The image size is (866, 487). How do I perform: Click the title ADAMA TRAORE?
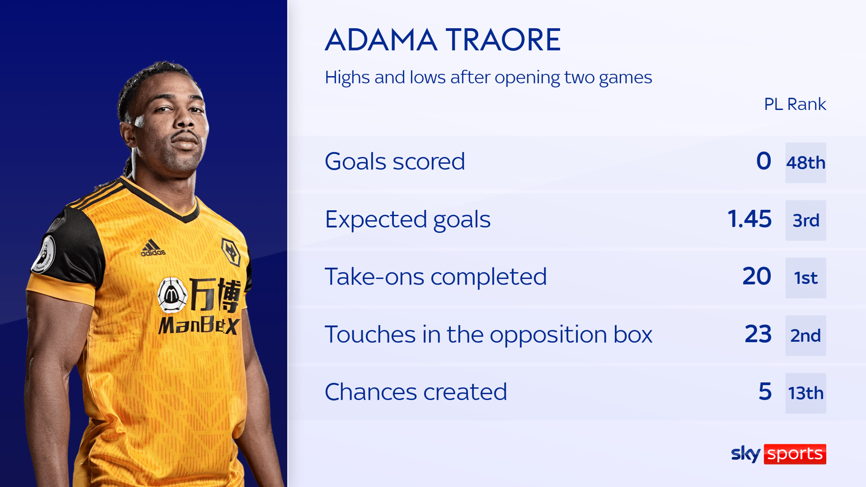point(443,40)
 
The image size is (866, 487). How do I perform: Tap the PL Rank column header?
point(795,104)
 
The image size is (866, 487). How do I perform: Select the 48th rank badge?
point(806,163)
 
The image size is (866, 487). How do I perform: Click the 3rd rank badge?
point(806,220)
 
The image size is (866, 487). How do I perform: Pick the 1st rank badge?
point(806,278)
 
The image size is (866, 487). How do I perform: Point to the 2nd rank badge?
point(806,336)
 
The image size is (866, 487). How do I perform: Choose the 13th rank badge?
point(806,393)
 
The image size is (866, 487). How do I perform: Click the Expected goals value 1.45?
point(749,219)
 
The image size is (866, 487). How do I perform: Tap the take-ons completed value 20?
point(756,276)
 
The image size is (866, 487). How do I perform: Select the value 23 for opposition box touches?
point(758,334)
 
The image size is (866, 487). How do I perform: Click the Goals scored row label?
point(395,161)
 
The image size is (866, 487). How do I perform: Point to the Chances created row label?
point(416,392)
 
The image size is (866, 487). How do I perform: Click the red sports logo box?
point(795,454)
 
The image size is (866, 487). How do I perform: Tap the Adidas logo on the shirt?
point(153,248)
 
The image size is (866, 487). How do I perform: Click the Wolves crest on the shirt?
point(231,252)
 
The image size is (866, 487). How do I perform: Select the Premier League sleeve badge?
point(44,254)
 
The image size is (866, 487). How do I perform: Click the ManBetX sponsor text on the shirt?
point(199,326)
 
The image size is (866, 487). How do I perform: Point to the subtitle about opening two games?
point(488,77)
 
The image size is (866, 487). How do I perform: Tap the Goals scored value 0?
point(763,161)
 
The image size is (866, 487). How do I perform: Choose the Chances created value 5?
point(765,391)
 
